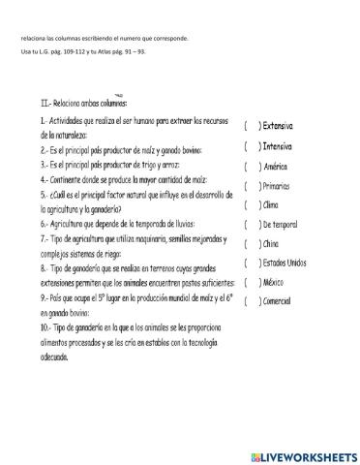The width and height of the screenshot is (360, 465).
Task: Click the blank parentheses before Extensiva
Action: [250, 127]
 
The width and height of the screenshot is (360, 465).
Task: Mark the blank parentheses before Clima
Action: [250, 205]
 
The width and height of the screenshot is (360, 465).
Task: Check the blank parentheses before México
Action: [250, 282]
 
